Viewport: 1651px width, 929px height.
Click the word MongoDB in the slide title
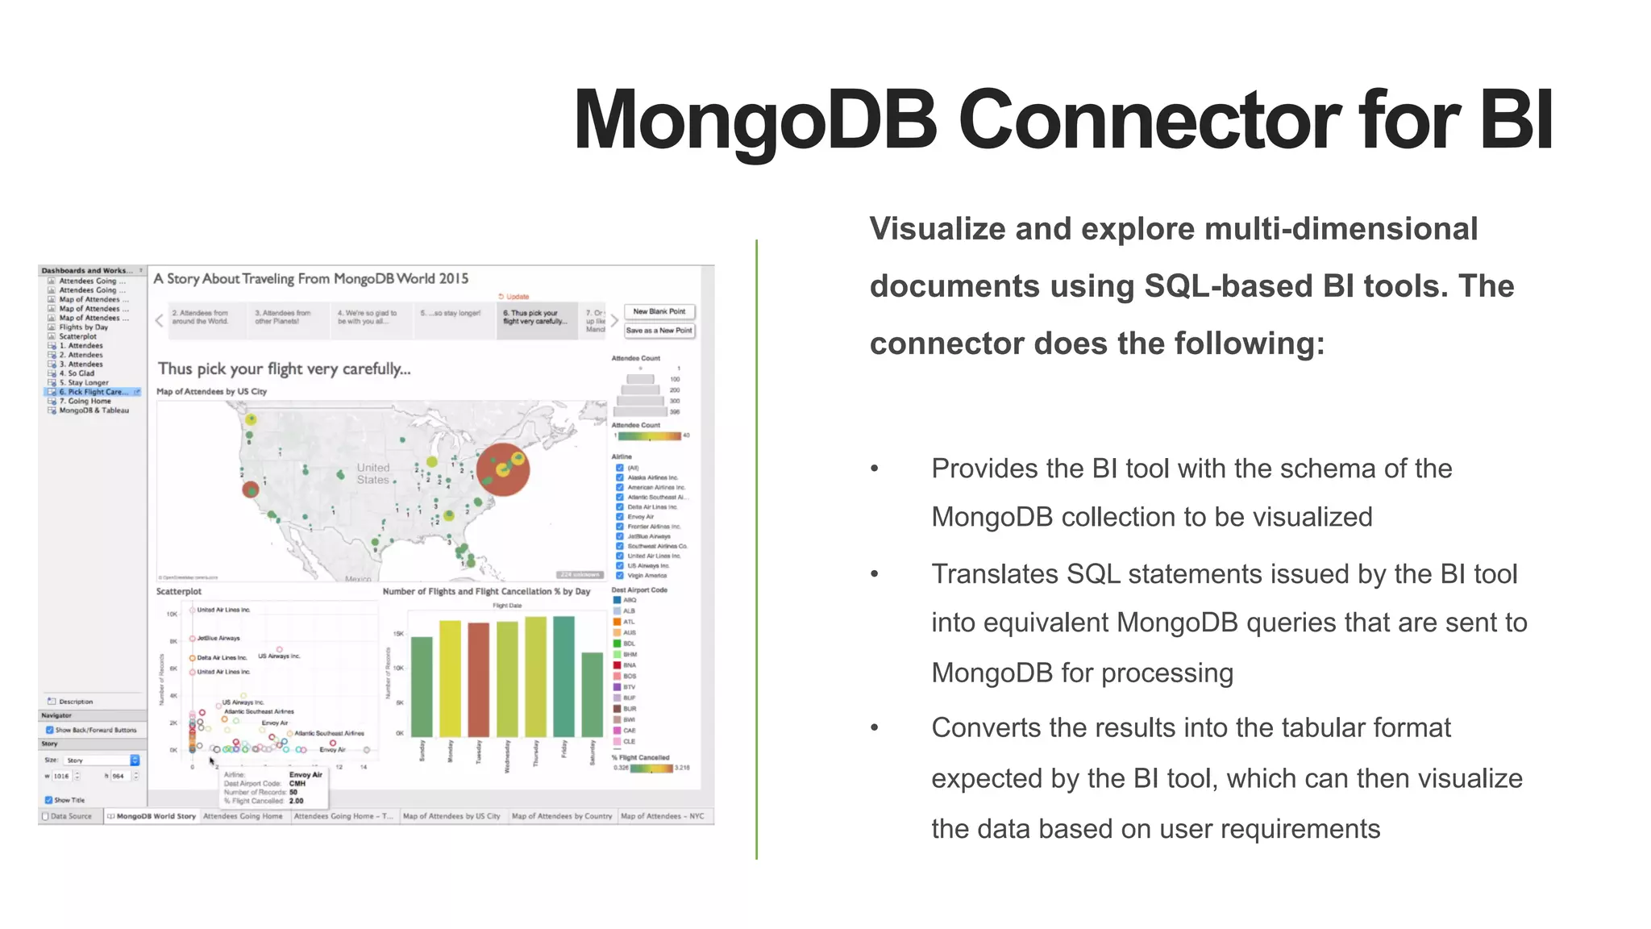click(755, 121)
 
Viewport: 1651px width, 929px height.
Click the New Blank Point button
click(659, 311)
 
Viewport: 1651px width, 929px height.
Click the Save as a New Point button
click(659, 331)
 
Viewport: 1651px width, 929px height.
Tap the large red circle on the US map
click(502, 470)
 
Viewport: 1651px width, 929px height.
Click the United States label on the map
click(372, 473)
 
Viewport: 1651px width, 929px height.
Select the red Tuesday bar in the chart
click(478, 680)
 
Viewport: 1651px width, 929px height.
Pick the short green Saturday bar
click(592, 694)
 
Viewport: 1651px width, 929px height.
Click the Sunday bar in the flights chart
click(422, 687)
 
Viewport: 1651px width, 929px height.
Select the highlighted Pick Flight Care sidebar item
click(93, 392)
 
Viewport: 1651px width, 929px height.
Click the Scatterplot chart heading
click(178, 592)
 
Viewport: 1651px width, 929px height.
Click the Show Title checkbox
click(49, 800)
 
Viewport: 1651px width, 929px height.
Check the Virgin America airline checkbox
click(619, 575)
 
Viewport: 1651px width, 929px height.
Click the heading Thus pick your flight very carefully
click(284, 369)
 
